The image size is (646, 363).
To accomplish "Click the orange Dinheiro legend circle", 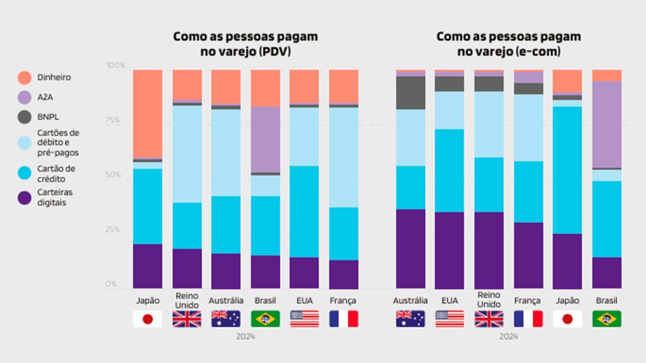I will click(25, 78).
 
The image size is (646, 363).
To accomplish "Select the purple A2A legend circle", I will click(25, 97).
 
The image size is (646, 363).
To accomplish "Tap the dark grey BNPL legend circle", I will click(25, 117).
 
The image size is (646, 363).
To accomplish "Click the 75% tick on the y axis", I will click(116, 121).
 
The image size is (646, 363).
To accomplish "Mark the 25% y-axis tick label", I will click(116, 229).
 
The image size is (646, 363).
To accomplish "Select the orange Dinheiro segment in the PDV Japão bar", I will click(148, 113).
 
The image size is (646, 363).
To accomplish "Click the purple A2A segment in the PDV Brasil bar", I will click(266, 139).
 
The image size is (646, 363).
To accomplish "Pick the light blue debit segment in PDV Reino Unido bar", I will click(187, 154).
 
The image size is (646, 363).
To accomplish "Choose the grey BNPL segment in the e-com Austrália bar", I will click(410, 93).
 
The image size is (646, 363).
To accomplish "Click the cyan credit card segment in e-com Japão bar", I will click(567, 170).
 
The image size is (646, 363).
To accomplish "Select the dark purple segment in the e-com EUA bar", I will click(449, 250).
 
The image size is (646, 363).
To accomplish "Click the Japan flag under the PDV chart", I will click(148, 319).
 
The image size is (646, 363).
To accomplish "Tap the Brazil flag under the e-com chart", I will click(606, 319).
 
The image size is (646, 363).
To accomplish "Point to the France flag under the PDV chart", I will click(344, 319).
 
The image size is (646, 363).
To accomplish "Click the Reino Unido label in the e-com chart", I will click(489, 300).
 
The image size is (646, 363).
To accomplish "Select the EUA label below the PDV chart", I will click(305, 301).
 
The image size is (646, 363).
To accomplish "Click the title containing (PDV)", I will click(245, 44).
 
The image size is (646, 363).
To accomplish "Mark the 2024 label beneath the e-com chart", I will click(508, 337).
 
